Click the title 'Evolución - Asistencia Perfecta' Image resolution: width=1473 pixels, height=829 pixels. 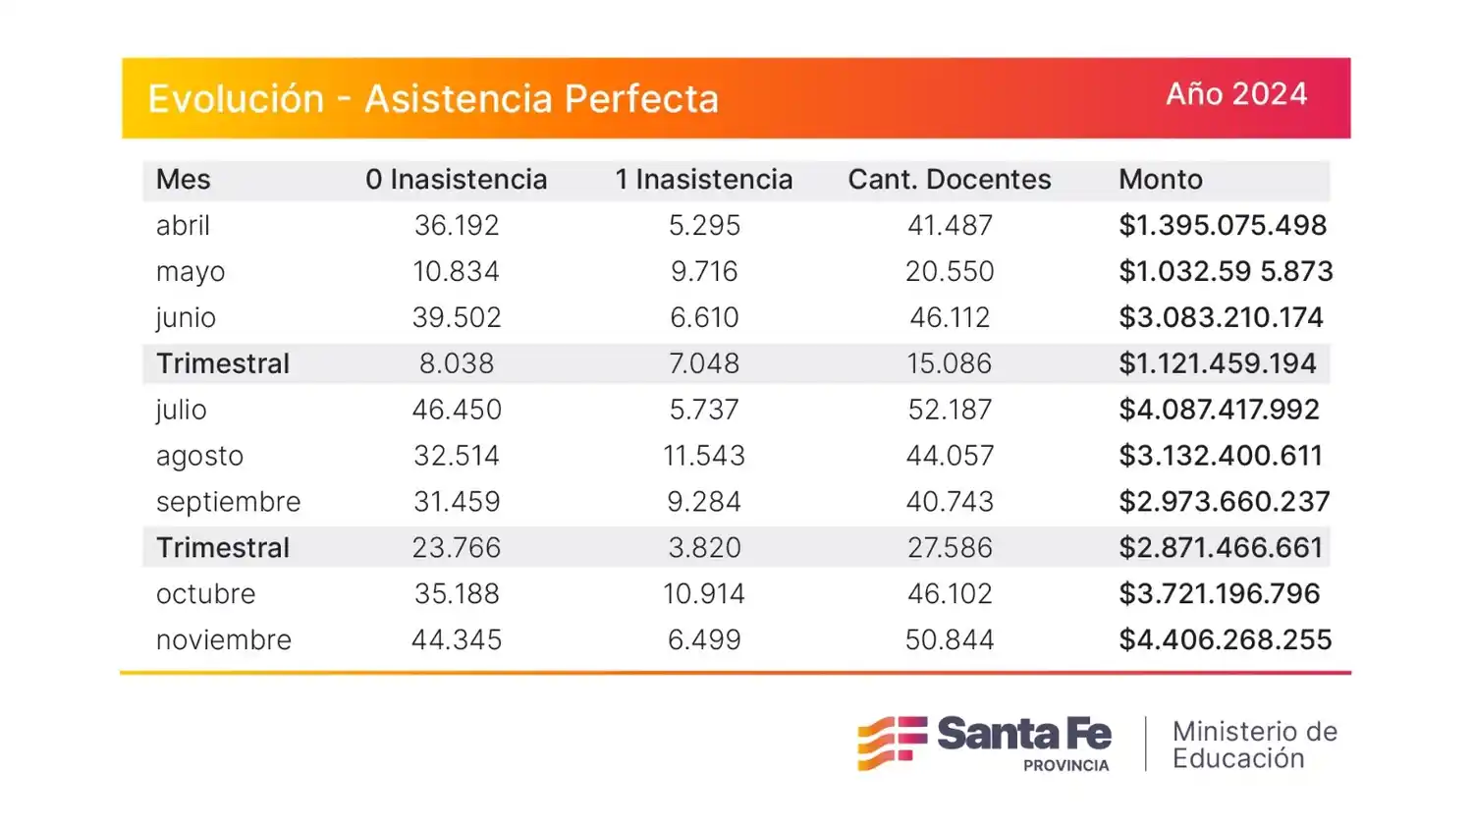pos(433,99)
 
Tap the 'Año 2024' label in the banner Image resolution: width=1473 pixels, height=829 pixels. pos(1236,94)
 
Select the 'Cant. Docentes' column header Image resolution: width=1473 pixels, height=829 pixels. pos(949,180)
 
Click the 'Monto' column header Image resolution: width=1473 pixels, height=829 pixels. pos(1160,180)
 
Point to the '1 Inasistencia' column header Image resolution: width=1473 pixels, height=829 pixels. pos(703,180)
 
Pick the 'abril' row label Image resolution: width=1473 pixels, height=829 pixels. pos(183,226)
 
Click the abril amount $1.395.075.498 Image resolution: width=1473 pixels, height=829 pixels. pos(1223,226)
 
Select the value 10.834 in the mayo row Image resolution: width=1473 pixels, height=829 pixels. pos(456,272)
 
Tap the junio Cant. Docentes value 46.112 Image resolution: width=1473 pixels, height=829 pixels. pos(949,318)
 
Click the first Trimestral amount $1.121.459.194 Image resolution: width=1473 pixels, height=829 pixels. pos(1217,364)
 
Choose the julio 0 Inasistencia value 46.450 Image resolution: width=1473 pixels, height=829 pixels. pos(456,410)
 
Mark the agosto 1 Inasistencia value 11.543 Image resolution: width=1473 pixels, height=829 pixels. pos(703,456)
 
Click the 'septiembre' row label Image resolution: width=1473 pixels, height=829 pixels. pos(228,502)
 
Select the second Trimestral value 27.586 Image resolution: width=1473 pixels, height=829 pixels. pos(949,548)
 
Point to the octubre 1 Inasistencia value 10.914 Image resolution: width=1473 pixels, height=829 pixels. pos(703,594)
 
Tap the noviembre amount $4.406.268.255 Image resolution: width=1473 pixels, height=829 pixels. pos(1225,640)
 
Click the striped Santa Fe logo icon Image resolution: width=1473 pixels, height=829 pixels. pos(892,743)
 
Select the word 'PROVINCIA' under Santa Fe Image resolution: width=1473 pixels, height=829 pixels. pos(1065,765)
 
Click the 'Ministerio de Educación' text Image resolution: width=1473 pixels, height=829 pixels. pos(1254,745)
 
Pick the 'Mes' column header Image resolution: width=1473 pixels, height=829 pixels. pos(183,180)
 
